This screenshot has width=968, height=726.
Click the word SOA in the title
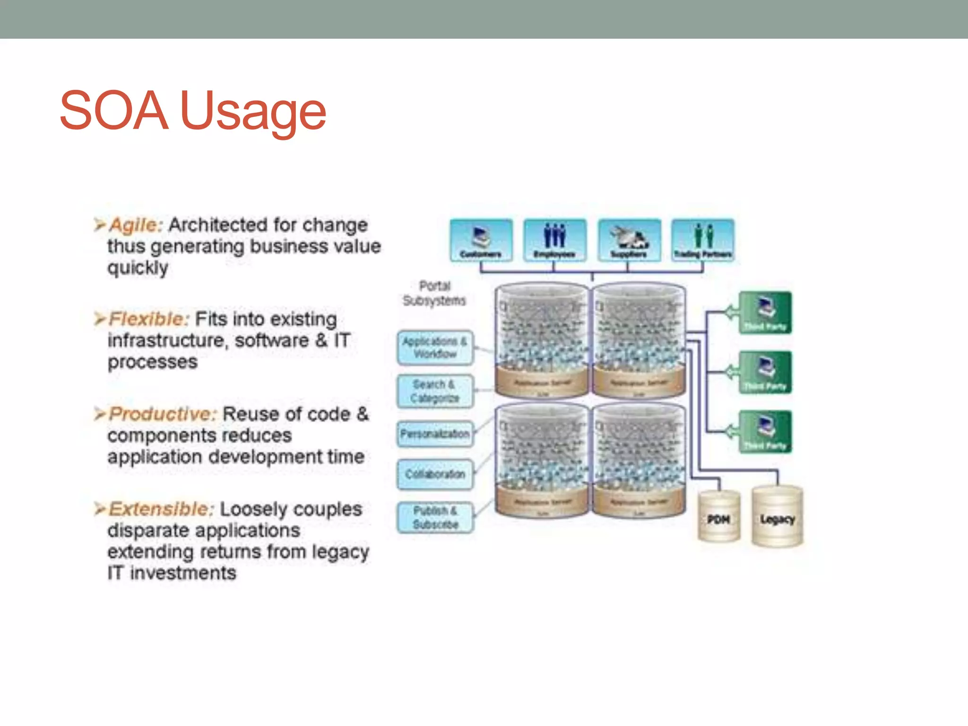tap(114, 111)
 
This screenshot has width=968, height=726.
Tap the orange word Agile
tap(136, 225)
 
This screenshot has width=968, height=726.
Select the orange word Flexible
tap(148, 319)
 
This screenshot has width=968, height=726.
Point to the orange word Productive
tap(162, 414)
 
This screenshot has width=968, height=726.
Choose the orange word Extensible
tap(161, 509)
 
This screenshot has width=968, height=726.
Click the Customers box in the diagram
tap(481, 240)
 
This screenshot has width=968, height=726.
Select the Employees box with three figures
tap(554, 240)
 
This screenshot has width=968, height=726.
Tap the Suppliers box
tap(629, 240)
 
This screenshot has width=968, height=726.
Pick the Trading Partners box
tap(703, 240)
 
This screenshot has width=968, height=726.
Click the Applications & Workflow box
tap(435, 348)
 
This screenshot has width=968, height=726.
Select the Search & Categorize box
tap(435, 391)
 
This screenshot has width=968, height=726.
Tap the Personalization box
tap(435, 434)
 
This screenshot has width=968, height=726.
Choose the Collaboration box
tap(435, 474)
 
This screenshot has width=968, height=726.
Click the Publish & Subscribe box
tap(435, 518)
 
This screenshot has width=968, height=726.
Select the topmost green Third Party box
tap(765, 313)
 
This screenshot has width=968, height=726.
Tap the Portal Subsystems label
tap(434, 294)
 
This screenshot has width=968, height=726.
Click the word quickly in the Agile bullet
tap(138, 268)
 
